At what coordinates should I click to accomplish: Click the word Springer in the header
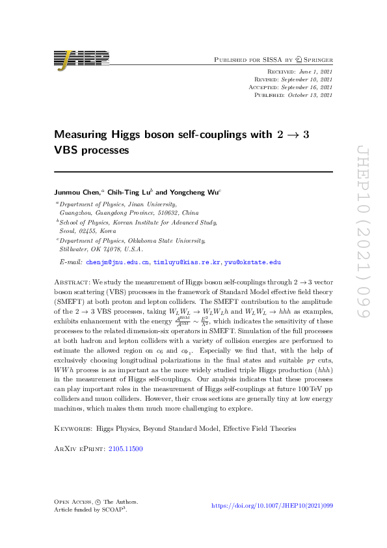tap(317, 59)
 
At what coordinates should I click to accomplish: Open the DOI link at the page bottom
tap(273, 505)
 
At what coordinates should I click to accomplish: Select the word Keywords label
tap(72, 429)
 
